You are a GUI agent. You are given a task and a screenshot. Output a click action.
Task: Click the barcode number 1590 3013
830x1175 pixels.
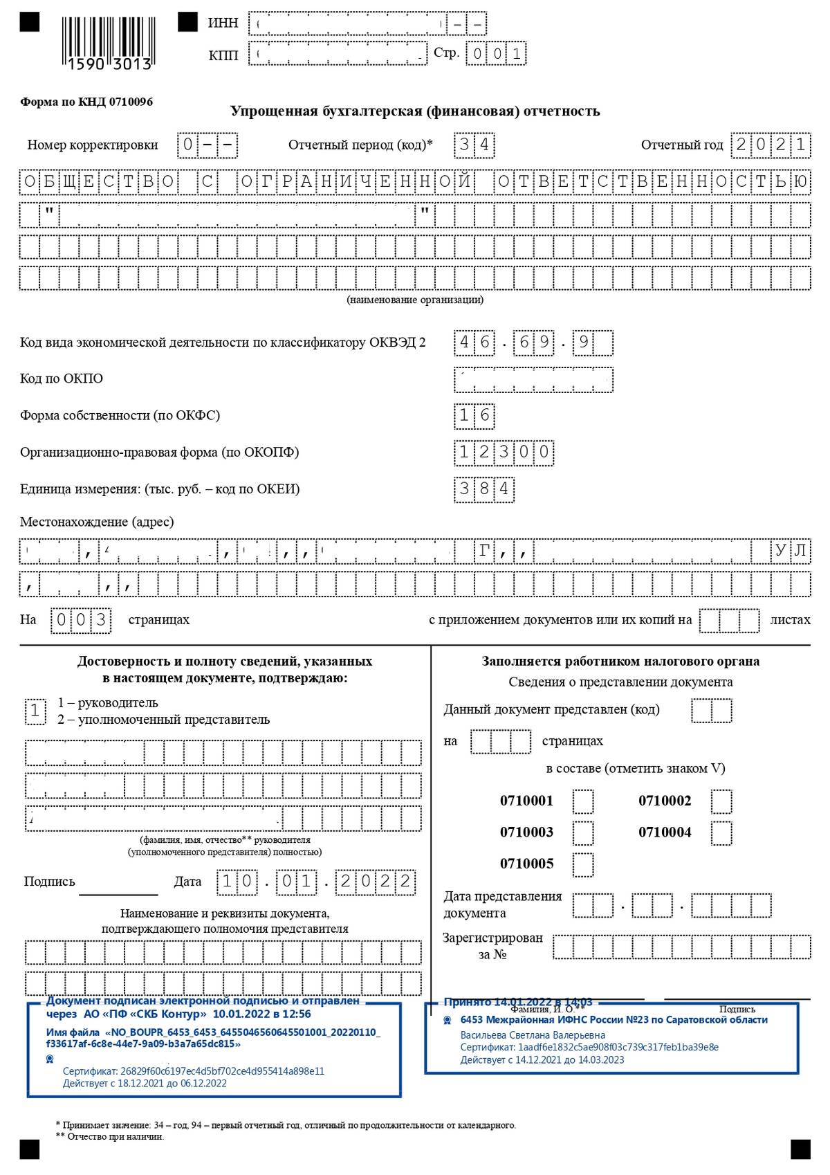pos(109,64)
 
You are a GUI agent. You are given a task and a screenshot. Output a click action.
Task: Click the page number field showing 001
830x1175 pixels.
pos(496,54)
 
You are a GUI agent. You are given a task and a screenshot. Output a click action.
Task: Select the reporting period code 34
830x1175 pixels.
pos(474,145)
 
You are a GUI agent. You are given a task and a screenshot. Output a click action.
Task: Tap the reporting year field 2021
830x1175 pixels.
pos(771,145)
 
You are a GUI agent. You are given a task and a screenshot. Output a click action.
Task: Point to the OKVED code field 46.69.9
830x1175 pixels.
pos(533,343)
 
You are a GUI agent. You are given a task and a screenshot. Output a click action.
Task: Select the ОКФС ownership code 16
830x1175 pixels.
pos(474,415)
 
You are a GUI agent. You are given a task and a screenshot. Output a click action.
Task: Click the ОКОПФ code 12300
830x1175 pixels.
pos(504,453)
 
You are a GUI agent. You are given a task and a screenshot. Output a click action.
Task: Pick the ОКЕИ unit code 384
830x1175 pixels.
pos(484,489)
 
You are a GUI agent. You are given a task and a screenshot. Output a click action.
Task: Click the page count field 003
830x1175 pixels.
pos(81,620)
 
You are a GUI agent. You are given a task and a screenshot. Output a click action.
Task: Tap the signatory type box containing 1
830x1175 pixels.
pos(35,711)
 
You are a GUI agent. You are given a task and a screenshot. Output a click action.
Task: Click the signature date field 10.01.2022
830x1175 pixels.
pos(316,882)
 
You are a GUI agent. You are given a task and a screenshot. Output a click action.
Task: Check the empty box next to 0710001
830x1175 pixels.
pos(583,801)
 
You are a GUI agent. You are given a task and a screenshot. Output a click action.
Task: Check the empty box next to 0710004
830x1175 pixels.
pos(721,832)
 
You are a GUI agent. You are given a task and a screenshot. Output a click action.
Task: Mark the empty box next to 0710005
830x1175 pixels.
pos(583,864)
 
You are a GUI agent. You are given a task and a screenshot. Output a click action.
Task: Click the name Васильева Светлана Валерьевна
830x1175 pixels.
pos(533,1035)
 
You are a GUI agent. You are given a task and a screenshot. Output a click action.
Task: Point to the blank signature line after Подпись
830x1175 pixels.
pos(118,889)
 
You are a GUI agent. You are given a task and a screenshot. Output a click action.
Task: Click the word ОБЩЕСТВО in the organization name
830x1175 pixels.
pos(99,182)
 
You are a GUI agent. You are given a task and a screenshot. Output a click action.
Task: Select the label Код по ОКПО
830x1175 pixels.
pos(62,379)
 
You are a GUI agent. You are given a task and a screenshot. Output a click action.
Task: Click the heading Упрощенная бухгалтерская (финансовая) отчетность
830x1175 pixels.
pos(415,111)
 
